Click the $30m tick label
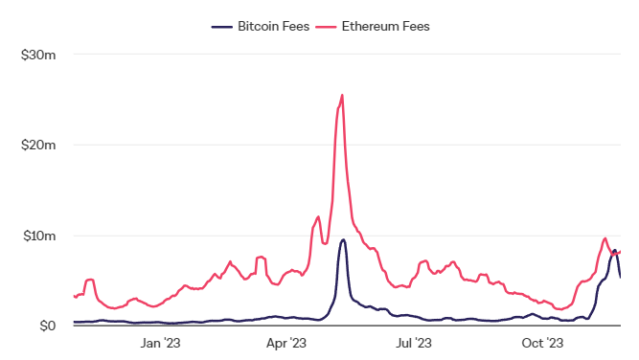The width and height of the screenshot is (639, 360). (38, 55)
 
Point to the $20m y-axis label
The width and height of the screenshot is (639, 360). (38, 145)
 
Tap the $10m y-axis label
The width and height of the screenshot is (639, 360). (39, 236)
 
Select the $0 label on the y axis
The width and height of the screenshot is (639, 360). (47, 326)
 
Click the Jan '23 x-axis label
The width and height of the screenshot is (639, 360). (160, 343)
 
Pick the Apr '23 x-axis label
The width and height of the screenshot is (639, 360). (286, 343)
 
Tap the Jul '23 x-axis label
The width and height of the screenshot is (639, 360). (413, 343)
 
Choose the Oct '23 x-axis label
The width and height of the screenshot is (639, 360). (542, 343)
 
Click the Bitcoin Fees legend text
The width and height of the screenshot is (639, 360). (273, 27)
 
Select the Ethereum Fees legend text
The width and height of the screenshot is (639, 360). (385, 27)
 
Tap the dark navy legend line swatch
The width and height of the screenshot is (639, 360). (221, 27)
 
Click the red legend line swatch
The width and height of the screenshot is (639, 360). (326, 27)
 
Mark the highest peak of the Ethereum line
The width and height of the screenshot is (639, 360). (342, 96)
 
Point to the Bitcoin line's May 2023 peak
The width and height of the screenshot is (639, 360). (344, 239)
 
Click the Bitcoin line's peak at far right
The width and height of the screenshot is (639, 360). (614, 251)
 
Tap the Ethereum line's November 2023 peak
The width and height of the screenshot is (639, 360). (605, 238)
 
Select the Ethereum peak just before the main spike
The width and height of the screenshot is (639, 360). (318, 216)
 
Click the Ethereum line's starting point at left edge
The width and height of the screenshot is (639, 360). (74, 296)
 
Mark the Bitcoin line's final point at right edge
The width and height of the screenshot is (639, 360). (620, 278)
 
